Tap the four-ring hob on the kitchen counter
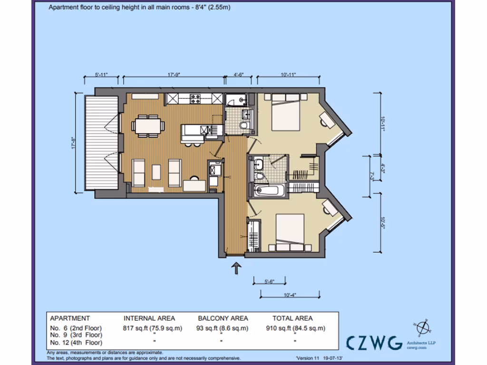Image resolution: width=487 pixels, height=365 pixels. (x=195, y=99)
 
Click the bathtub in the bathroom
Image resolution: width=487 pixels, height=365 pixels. (x=269, y=192)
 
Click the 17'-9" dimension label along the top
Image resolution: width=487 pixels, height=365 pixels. (x=174, y=75)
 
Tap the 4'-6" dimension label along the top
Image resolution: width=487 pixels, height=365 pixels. (x=239, y=75)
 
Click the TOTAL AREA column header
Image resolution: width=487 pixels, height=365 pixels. (x=292, y=318)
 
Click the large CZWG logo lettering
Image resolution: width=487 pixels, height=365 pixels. (x=374, y=343)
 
